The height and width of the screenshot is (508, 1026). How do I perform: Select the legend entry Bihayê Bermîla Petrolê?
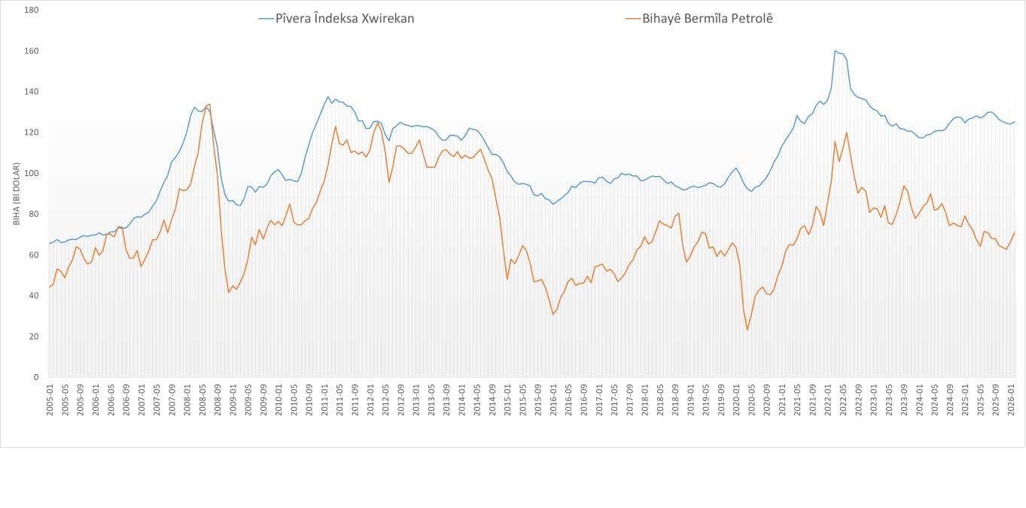(707, 18)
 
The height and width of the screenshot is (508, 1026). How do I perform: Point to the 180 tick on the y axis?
(32, 11)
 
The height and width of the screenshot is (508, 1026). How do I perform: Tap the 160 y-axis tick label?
(32, 51)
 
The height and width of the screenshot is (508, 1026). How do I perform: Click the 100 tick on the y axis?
(32, 173)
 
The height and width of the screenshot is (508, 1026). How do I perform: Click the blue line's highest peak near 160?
(836, 51)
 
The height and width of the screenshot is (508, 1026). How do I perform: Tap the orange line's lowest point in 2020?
(747, 329)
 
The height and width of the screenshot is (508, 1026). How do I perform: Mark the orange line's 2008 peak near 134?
(209, 104)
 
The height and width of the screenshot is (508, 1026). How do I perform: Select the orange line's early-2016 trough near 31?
(553, 314)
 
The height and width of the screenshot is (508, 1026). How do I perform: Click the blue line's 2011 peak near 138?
(328, 96)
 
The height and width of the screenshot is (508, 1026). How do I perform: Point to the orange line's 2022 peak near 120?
(847, 132)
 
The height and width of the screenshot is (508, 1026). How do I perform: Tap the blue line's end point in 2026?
(1015, 122)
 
